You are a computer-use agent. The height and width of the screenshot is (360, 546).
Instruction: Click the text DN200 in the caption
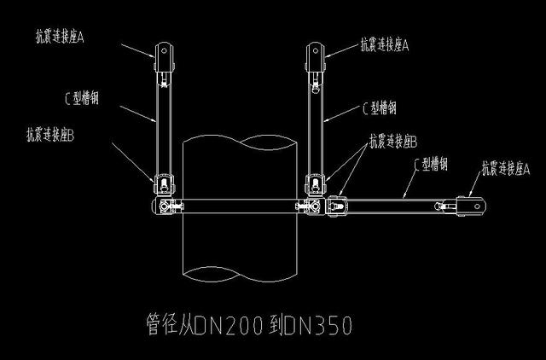coord(229,325)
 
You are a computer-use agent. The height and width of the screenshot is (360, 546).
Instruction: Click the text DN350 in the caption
coord(318,325)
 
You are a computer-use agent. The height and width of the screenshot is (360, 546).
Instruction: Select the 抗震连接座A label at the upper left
coord(60,37)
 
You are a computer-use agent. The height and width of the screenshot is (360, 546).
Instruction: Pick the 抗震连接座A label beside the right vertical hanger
coord(385,45)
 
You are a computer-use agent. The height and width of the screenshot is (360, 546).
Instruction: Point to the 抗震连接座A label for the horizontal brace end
coord(506,169)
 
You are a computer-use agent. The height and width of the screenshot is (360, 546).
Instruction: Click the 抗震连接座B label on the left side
coord(50,135)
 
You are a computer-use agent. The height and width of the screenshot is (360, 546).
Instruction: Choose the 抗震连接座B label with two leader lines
coord(393,142)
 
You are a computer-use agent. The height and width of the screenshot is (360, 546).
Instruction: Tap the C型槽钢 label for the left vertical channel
coord(82,98)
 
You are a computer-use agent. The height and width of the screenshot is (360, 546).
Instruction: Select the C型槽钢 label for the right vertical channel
coord(379,107)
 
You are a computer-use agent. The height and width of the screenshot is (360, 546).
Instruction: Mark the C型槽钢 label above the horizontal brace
coord(431,163)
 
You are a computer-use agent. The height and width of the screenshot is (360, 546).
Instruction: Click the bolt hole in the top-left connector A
coord(164,51)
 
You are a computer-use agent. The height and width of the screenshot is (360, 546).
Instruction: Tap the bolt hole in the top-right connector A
coord(315,51)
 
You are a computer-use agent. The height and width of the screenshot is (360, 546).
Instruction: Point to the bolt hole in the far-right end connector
coord(477,206)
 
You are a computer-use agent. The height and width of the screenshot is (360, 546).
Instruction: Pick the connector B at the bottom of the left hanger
coord(164,185)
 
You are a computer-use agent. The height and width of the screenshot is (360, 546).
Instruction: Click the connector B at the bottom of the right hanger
coord(316,185)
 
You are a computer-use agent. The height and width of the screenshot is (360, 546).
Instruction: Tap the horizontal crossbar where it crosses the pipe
coord(240,206)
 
